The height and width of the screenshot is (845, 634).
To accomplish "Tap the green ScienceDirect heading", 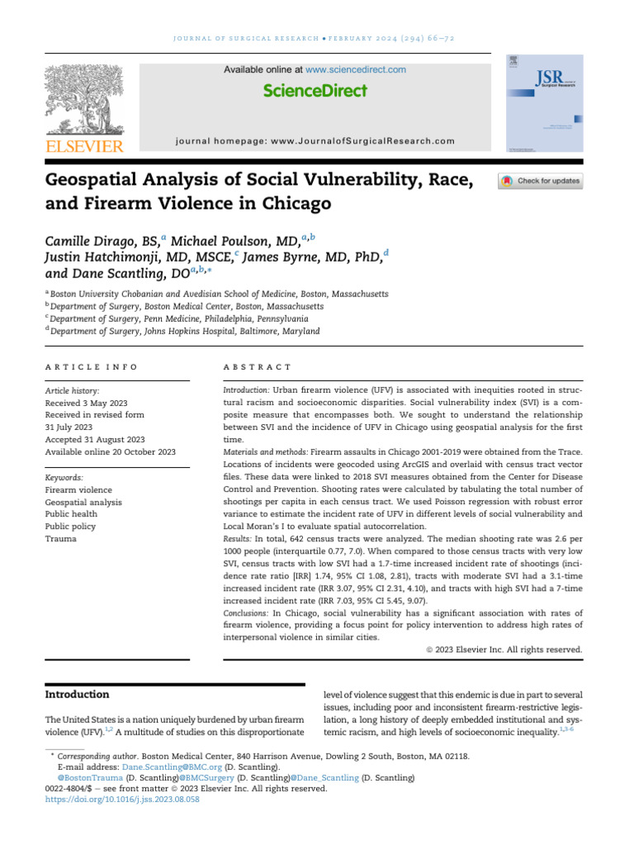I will tap(315, 91).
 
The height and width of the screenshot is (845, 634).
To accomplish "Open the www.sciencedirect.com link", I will tap(355, 70).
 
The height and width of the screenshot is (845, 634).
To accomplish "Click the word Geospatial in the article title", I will tap(106, 181).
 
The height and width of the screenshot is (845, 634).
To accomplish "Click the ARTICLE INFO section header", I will tap(92, 366).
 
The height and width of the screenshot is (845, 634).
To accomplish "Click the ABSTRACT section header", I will tap(258, 366).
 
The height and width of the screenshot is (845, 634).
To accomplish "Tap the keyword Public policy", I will tap(70, 526).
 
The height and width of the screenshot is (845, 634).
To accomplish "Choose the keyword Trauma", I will tap(60, 539).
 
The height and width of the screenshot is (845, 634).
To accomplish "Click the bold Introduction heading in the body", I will tap(77, 694).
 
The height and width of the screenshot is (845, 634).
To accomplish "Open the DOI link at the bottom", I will tap(122, 800).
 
